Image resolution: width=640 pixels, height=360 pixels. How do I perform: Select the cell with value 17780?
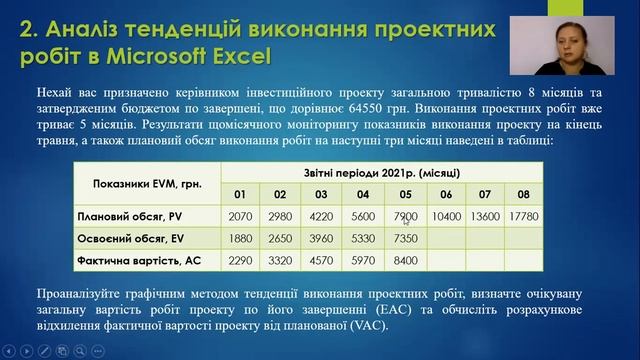click(524, 215)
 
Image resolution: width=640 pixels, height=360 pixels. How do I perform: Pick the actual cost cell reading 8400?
click(405, 261)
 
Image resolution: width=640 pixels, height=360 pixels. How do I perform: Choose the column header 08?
click(524, 193)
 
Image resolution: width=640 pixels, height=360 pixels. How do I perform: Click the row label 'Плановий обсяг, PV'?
click(129, 215)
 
